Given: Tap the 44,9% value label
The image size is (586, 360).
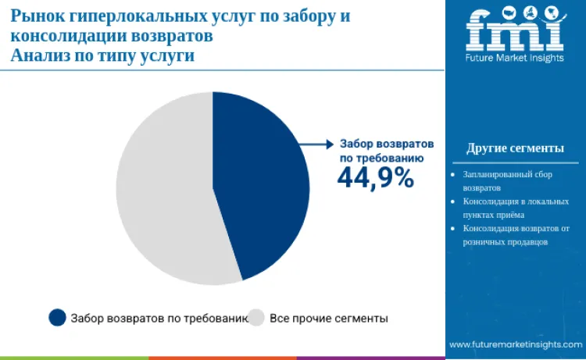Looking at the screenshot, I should (x=375, y=178).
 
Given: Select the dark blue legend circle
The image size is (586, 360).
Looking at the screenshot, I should (x=57, y=317).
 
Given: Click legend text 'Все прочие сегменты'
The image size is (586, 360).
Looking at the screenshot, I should (x=328, y=318).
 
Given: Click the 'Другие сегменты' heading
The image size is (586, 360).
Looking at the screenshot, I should (x=515, y=148).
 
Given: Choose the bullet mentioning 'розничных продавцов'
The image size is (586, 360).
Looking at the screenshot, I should (x=516, y=235).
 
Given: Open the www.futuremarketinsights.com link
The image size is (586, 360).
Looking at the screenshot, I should (x=516, y=344).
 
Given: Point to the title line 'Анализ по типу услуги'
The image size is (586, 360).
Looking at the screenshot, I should (x=102, y=56).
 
